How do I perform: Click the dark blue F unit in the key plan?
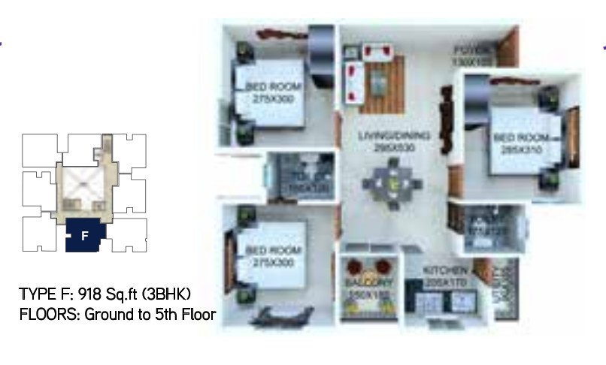[x=85, y=236]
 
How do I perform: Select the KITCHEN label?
[x=447, y=270]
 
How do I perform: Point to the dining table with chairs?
[x=392, y=185]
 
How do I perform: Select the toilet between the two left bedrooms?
[x=299, y=179]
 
